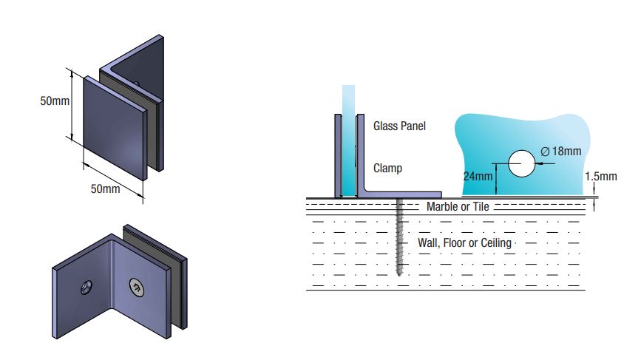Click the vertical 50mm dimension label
[x=55, y=101]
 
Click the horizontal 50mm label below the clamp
[x=105, y=189]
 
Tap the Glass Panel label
[x=399, y=126]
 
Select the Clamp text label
[x=387, y=169]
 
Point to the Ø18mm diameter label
[x=561, y=151]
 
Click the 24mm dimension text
[x=478, y=177]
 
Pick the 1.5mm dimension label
[x=600, y=177]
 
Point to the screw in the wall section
[x=400, y=237]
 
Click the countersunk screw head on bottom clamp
[x=137, y=286]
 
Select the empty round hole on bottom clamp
[x=87, y=285]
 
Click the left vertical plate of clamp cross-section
[x=336, y=155]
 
